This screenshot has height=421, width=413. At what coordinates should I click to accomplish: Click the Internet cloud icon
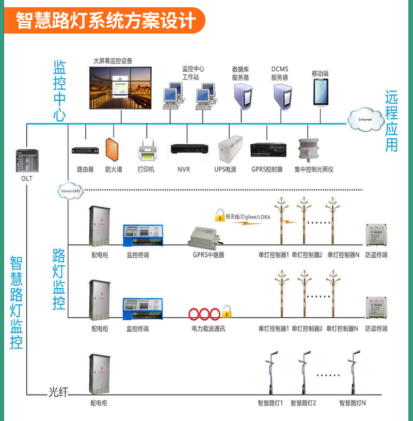[366, 119]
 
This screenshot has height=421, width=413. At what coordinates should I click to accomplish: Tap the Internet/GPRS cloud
[71, 190]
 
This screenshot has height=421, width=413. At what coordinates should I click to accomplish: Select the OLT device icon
[26, 161]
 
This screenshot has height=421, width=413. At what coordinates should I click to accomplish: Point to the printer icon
[146, 150]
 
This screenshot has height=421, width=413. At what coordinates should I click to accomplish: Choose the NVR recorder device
[189, 149]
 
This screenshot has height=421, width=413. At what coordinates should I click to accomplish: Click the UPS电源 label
[225, 169]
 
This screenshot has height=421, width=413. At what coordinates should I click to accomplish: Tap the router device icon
[84, 150]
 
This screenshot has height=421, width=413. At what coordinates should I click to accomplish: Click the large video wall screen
[120, 88]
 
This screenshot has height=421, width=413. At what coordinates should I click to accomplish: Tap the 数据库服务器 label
[241, 73]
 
